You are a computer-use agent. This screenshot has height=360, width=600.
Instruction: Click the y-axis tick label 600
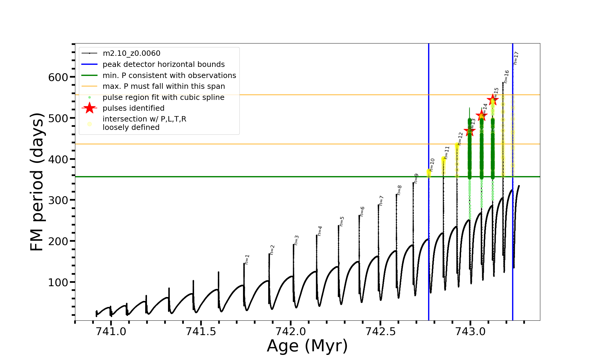(58, 77)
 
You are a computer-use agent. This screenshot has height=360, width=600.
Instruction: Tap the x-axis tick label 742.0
(290, 331)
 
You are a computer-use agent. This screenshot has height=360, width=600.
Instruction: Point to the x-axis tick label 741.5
(201, 331)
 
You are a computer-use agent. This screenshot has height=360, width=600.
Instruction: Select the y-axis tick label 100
(58, 282)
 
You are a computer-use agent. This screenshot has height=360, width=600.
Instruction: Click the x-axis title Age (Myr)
(307, 346)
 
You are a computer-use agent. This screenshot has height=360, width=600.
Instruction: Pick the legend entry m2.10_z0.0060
(131, 53)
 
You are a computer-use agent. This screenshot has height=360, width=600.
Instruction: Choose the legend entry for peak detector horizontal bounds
(163, 64)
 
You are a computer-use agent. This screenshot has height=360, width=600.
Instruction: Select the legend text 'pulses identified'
(133, 108)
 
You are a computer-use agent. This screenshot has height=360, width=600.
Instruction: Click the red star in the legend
(89, 108)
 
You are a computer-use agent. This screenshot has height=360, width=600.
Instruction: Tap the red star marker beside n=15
(493, 100)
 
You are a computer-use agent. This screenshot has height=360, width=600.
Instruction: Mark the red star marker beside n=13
(469, 130)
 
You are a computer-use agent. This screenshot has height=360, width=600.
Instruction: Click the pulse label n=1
(247, 259)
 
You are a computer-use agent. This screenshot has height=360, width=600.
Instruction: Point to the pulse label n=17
(516, 58)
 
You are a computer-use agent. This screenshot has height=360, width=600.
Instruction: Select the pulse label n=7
(381, 200)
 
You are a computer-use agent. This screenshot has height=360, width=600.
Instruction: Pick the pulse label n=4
(320, 231)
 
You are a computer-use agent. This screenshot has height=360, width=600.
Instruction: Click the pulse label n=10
(432, 165)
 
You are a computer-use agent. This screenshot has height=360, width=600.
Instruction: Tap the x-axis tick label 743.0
(470, 331)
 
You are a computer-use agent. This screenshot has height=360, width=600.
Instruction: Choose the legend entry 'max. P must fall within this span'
(163, 86)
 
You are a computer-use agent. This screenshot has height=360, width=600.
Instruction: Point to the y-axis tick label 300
(58, 200)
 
